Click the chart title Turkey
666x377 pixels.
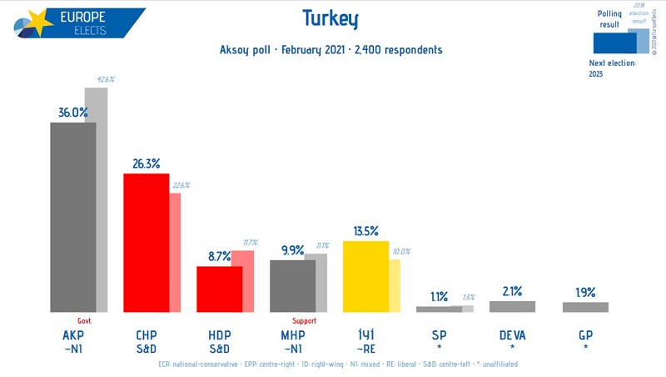tap(331, 18)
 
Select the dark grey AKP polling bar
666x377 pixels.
tap(73, 217)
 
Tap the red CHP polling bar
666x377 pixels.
tap(147, 242)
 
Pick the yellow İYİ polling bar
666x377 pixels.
tap(365, 276)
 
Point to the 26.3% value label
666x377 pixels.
tap(145, 163)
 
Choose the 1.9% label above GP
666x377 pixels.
tap(585, 292)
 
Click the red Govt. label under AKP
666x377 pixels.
tap(84, 320)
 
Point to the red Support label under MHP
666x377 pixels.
tap(305, 320)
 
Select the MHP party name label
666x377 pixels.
tap(292, 334)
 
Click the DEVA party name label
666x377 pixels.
tap(512, 334)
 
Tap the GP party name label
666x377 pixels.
tap(585, 334)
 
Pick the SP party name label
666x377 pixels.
tap(439, 334)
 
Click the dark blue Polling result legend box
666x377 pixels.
tap(609, 42)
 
